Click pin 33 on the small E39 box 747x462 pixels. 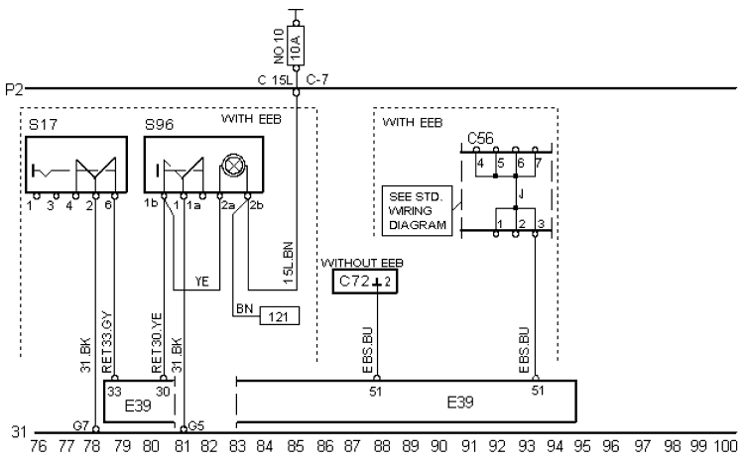tap(115, 391)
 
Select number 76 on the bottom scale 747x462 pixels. tap(39, 447)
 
